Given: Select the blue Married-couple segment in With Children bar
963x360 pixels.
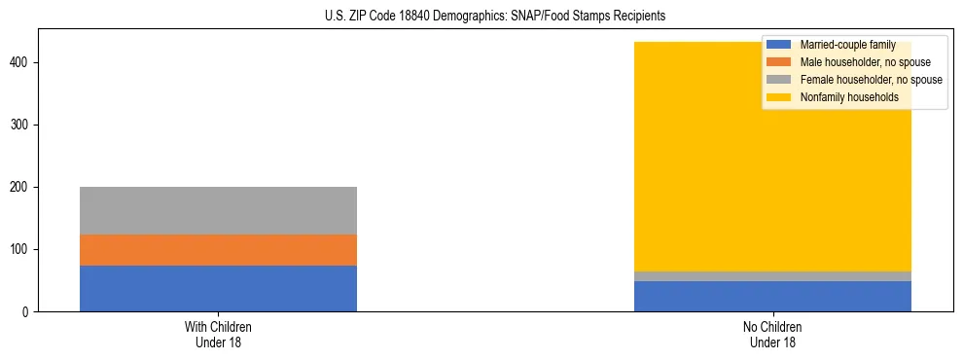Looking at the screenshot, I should coord(218,288).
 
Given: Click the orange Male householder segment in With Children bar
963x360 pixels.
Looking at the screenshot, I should coord(218,250).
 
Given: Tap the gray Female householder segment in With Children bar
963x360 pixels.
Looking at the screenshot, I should coord(218,210).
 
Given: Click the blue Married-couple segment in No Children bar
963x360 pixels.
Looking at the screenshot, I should coord(772,296).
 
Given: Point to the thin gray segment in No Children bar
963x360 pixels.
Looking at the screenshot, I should coord(772,276).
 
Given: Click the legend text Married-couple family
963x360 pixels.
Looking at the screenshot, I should coord(847,45).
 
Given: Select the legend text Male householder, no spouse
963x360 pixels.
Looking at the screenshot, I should coord(858,62).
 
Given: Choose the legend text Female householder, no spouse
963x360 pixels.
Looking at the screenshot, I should coord(871,80).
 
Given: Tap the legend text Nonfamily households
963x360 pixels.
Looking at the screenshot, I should coord(849,97).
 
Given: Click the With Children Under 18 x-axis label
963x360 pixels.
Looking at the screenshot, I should coord(218,334).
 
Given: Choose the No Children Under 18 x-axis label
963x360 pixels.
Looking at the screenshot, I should coord(772,334).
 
